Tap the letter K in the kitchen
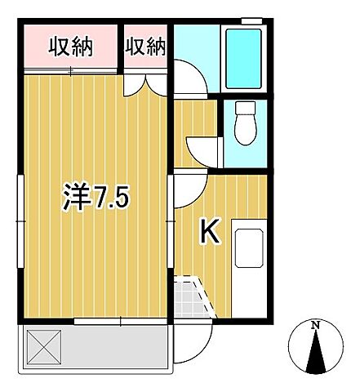tap(209, 233)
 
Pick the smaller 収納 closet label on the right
tap(145, 47)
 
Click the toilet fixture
tap(244, 122)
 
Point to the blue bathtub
tap(242, 60)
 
